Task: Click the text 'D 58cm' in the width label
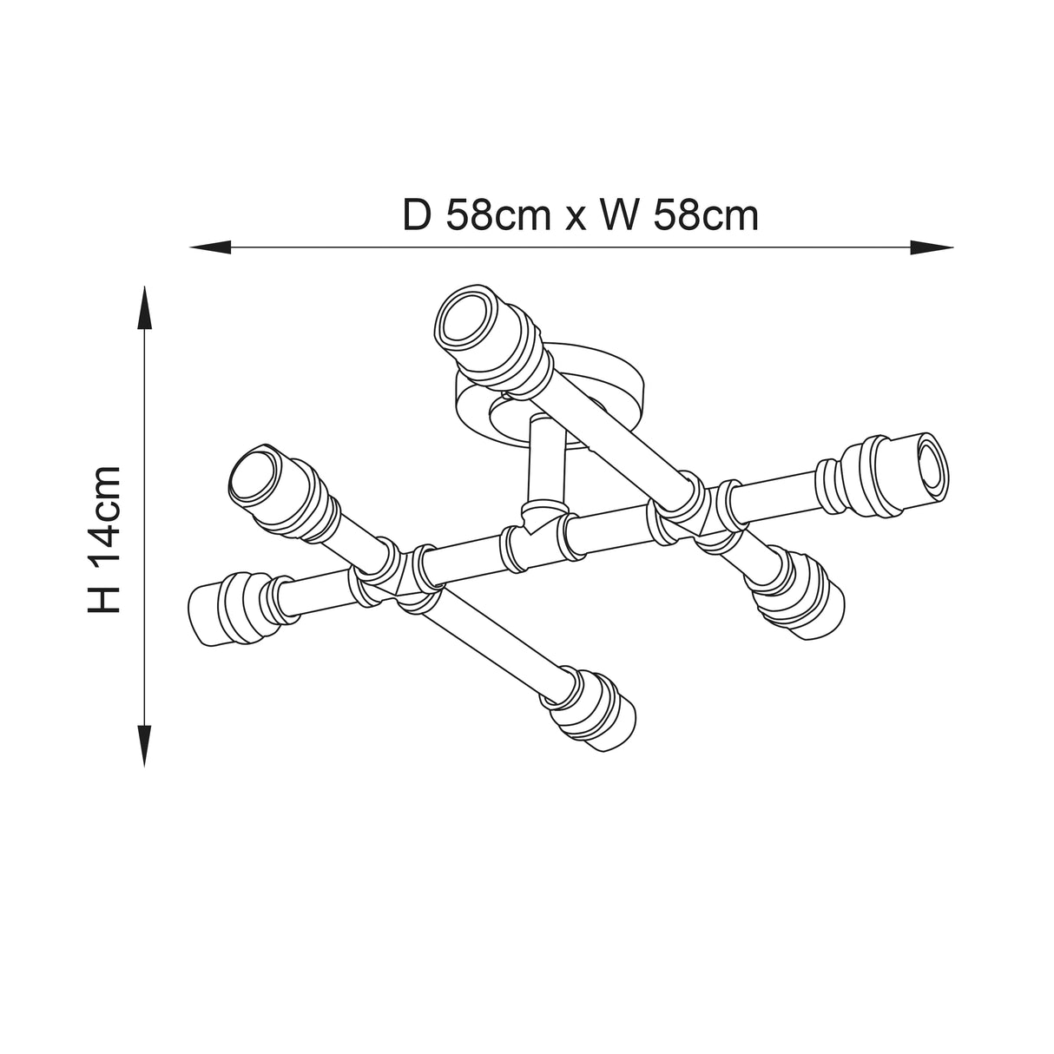(478, 216)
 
